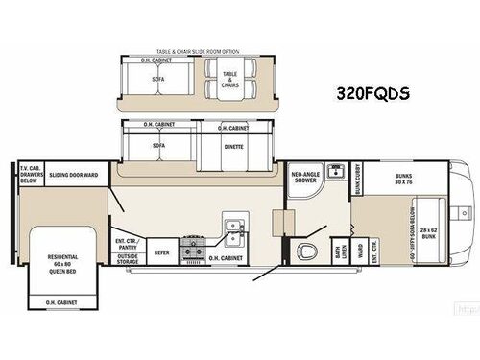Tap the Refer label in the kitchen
click(163, 252)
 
